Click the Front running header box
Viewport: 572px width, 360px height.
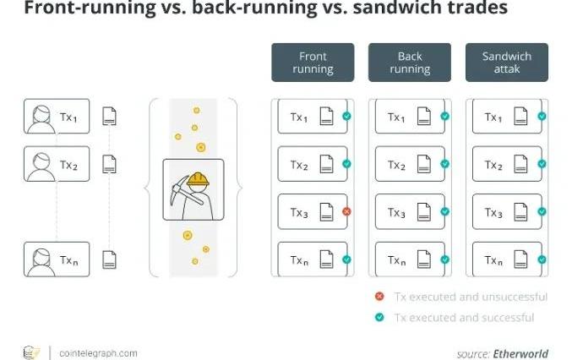click(313, 63)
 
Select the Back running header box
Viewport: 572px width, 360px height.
click(410, 63)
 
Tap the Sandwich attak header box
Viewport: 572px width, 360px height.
click(507, 63)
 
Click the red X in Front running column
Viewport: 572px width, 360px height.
click(346, 211)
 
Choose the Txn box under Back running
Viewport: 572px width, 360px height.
click(410, 259)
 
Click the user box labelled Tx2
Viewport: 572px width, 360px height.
click(57, 164)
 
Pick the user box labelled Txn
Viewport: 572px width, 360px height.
click(57, 259)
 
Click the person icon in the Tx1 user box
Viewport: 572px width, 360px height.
click(39, 117)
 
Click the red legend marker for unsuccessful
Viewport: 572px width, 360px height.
click(379, 297)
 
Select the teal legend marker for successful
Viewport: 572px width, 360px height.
click(379, 317)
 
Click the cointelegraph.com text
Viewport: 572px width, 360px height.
click(98, 352)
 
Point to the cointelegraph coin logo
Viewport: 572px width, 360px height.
click(31, 352)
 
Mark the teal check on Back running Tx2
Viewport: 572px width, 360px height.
click(444, 164)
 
